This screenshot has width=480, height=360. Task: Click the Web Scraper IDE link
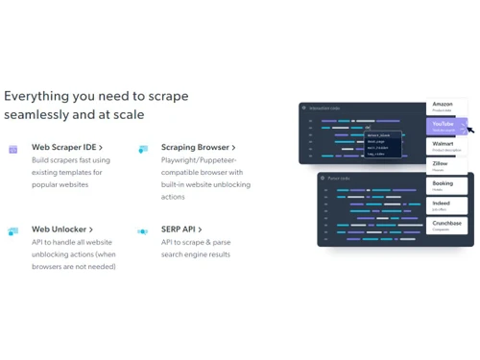[x=67, y=147]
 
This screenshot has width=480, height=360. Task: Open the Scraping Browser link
[x=198, y=147]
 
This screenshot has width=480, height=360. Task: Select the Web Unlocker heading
[x=62, y=229]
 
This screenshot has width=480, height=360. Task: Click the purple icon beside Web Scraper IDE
[x=13, y=149]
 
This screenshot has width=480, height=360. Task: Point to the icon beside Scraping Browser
[x=143, y=149]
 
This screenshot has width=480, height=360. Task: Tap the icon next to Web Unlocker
[x=13, y=231]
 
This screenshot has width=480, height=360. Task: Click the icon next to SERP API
[x=143, y=231]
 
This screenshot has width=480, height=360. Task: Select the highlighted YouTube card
[x=445, y=127]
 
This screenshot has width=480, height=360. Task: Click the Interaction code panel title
[x=323, y=108]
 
